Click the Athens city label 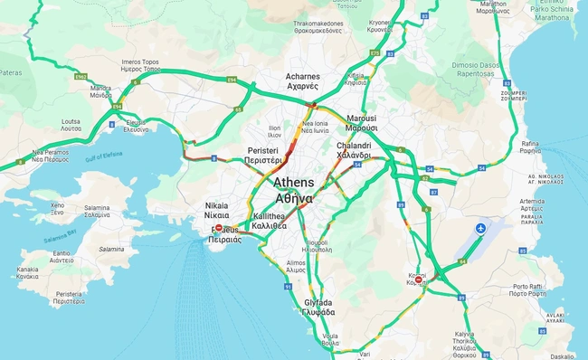(294, 191)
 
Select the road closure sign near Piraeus (218, 229)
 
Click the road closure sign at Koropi (418, 279)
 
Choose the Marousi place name (361, 123)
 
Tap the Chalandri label (354, 150)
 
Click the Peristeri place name (264, 155)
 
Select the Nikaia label (217, 211)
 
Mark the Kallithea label (270, 222)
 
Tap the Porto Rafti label (526, 290)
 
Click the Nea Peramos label (51, 156)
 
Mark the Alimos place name (296, 266)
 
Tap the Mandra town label (100, 91)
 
